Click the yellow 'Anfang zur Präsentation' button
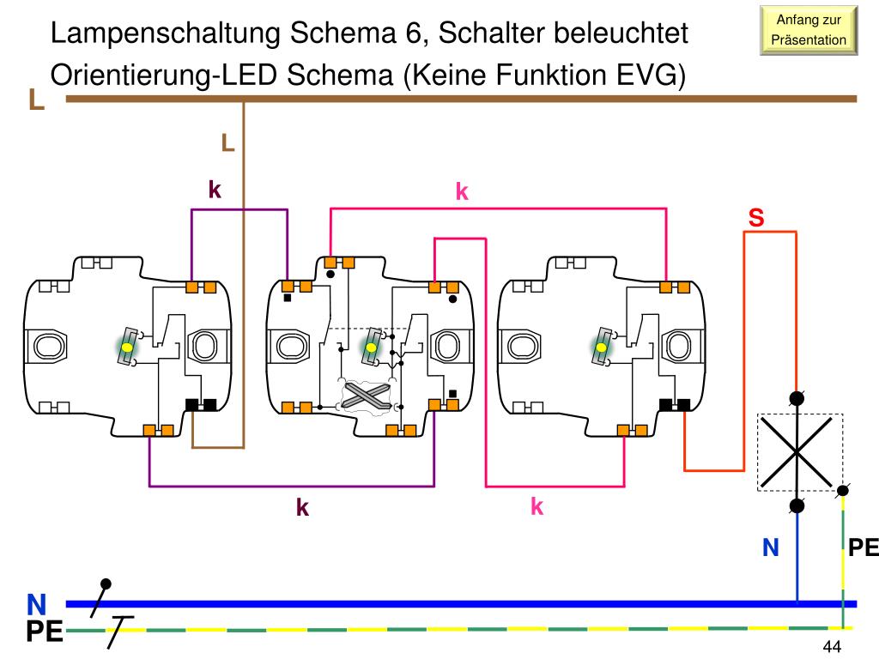click(809, 30)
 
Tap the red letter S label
click(756, 217)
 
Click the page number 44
click(832, 646)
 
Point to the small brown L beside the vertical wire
click(227, 143)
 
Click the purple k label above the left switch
click(215, 190)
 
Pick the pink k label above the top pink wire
click(462, 191)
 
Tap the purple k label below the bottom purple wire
click(302, 507)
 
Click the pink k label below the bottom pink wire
click(537, 506)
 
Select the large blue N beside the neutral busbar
click(37, 605)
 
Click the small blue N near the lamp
click(771, 547)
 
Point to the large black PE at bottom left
click(45, 632)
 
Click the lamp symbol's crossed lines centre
click(797, 451)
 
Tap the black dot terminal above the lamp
click(797, 398)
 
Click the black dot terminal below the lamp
click(797, 506)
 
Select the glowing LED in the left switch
click(128, 347)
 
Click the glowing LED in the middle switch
click(371, 347)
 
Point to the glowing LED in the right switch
click(602, 347)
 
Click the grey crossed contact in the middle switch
click(367, 396)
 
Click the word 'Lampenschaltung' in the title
click(166, 33)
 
